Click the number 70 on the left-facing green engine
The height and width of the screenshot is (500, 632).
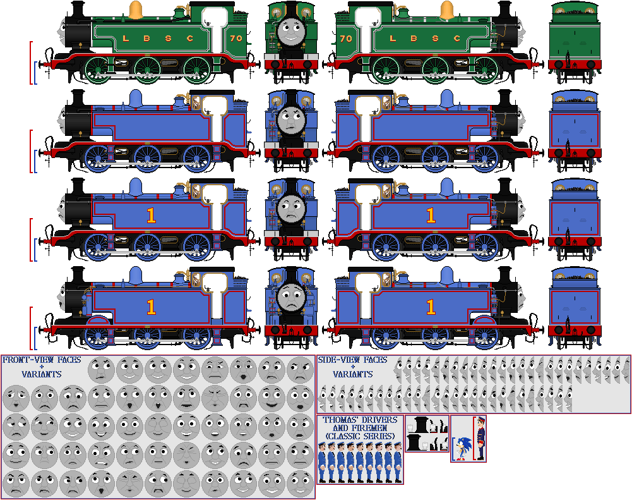point(236,39)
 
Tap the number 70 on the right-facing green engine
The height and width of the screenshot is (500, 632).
point(345,39)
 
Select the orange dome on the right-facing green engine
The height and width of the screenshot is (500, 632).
point(446,11)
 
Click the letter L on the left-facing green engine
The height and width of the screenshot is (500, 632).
point(126,39)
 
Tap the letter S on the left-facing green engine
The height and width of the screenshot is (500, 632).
point(168,39)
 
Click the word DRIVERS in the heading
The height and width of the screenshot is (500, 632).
point(376,420)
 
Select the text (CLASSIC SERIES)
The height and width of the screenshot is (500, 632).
point(360,437)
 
